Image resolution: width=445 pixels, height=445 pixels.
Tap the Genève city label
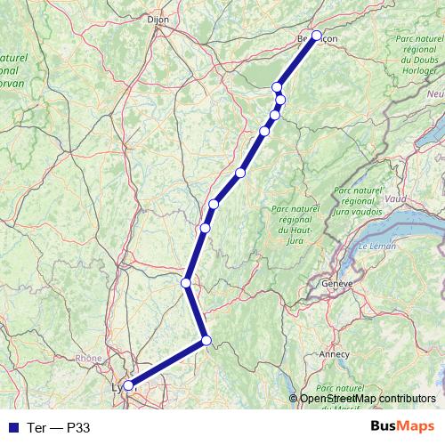tap(338, 283)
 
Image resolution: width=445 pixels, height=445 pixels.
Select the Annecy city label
tap(336, 353)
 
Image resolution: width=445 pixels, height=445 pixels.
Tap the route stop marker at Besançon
tap(316, 36)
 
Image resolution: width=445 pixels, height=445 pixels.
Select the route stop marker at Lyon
tap(128, 385)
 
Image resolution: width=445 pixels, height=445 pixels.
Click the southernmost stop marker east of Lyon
tap(206, 340)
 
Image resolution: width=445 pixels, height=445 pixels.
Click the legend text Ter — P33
tap(58, 427)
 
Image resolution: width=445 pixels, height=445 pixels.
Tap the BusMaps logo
tap(402, 426)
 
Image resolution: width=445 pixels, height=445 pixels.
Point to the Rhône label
tap(89, 359)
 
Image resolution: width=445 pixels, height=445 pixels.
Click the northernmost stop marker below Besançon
tap(278, 86)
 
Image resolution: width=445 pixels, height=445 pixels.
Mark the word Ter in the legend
tap(35, 427)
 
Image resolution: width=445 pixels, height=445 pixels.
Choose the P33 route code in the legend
tap(78, 427)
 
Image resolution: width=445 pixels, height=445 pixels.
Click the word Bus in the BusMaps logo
tap(384, 426)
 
